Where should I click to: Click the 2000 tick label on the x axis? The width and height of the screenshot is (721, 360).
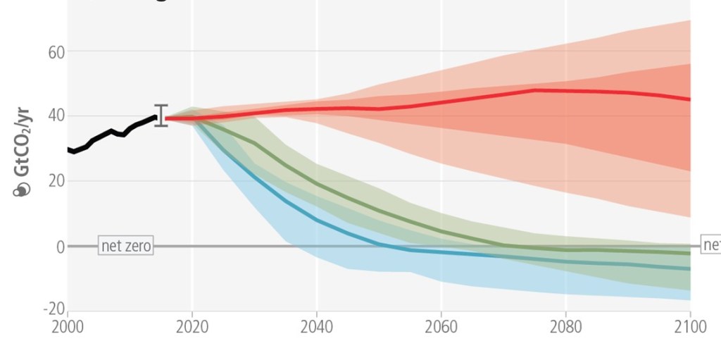coord(68,327)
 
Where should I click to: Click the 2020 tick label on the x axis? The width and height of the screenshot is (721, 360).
coord(192,327)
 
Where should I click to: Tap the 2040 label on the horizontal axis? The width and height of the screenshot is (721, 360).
coord(317,327)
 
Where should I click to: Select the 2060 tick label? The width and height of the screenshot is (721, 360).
coord(441,327)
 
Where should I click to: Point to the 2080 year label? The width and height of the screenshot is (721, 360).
coord(566,327)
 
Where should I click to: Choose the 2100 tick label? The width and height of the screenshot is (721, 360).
coord(690,327)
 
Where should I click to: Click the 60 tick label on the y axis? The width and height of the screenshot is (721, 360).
coord(56,51)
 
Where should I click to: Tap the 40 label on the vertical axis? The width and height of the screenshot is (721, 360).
coord(56,116)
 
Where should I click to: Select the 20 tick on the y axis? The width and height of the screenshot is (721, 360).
coord(56,181)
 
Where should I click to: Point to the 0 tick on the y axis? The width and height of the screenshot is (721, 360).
coord(61,246)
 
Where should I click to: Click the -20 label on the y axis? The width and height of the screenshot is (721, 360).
coord(54,309)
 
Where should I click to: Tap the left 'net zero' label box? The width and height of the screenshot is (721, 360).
coord(126,246)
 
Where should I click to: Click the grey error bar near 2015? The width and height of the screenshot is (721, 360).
coord(161,116)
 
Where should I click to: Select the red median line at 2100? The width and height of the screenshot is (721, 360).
coord(689,99)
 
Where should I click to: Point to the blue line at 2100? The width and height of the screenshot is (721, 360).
coord(689,268)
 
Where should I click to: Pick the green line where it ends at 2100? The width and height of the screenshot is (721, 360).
coord(689,253)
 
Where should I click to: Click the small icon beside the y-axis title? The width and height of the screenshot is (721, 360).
coord(23,190)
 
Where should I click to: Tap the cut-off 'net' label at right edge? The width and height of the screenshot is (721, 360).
coord(711,245)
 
